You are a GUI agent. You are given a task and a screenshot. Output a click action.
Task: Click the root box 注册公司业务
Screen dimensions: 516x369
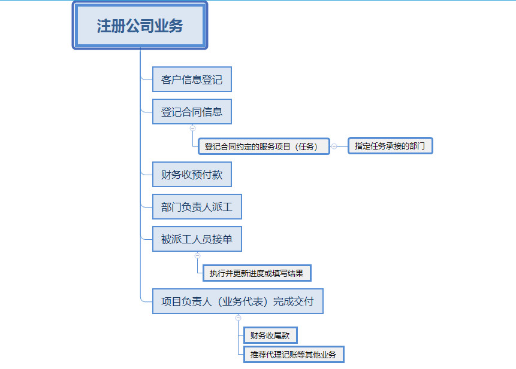(140, 26)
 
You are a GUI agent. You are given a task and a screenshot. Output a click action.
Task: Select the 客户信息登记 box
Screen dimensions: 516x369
(192, 80)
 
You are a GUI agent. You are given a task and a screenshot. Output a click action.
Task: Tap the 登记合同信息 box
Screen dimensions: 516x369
(192, 112)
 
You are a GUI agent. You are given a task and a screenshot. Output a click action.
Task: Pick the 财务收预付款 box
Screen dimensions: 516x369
(192, 174)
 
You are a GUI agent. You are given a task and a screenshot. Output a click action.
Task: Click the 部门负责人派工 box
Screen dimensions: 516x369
(197, 206)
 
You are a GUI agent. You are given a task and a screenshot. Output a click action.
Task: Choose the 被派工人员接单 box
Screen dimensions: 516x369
(197, 239)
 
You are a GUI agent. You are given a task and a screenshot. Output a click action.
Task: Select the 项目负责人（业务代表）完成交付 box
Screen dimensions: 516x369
(237, 301)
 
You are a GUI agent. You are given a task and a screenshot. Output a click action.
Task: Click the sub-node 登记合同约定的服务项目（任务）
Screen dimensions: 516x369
(264, 147)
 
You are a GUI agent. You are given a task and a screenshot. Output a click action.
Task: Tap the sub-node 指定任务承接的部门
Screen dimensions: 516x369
(390, 146)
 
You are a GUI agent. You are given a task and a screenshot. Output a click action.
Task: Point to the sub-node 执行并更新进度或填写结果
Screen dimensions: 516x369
(257, 273)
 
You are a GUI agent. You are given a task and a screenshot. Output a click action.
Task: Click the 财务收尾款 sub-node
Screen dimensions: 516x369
(270, 335)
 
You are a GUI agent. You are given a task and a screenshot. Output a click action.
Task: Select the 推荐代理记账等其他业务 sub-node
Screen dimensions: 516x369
(294, 355)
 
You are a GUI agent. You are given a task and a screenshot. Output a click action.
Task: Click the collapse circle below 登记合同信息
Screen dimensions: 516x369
(193, 128)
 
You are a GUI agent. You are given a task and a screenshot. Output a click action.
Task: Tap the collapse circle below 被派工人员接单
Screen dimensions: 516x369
(197, 255)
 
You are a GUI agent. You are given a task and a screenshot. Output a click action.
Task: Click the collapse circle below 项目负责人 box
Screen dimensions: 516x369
(239, 318)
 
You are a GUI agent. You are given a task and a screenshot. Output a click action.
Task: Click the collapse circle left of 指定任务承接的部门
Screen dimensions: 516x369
(334, 147)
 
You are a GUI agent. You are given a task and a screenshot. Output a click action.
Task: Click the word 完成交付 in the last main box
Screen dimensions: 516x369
(293, 301)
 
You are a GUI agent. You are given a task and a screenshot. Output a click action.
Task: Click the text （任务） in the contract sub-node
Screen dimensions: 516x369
(306, 147)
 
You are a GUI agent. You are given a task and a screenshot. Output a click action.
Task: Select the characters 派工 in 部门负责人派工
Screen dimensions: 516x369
(222, 207)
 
